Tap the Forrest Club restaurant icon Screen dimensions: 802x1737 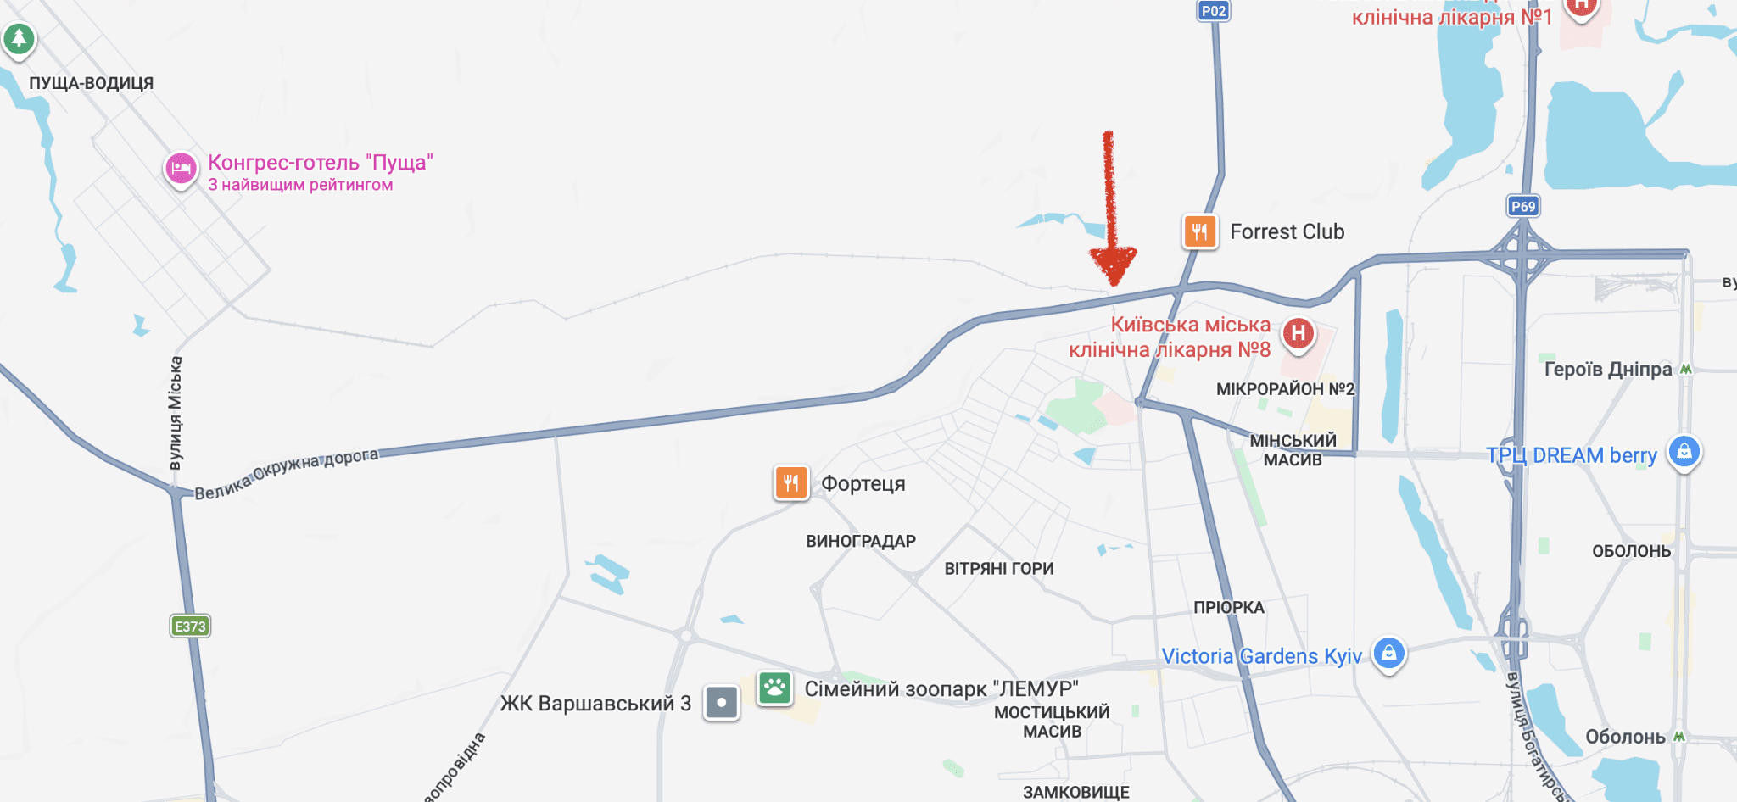click(1200, 231)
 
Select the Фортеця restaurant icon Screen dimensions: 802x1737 click(791, 483)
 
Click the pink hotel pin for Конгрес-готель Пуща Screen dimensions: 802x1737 click(181, 169)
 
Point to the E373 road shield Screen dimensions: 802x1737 click(190, 627)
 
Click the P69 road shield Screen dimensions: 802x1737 click(1523, 206)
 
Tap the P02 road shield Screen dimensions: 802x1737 click(1214, 11)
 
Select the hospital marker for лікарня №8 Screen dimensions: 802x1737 click(1298, 334)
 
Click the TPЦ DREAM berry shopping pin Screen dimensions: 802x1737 click(1684, 451)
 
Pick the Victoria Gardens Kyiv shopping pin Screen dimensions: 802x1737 click(1388, 653)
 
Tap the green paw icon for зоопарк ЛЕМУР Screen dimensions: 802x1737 click(774, 688)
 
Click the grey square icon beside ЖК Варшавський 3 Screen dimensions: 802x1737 click(722, 703)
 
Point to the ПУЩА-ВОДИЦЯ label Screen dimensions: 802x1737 click(92, 83)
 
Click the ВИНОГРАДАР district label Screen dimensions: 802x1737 click(861, 541)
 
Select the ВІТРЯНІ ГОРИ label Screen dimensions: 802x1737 click(999, 569)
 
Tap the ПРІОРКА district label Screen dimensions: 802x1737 click(1229, 607)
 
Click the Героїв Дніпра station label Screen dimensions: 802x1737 click(1608, 369)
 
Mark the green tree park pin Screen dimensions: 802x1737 click(19, 38)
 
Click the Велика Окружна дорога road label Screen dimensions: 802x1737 click(287, 474)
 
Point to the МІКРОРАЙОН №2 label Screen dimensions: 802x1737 click(1285, 389)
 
